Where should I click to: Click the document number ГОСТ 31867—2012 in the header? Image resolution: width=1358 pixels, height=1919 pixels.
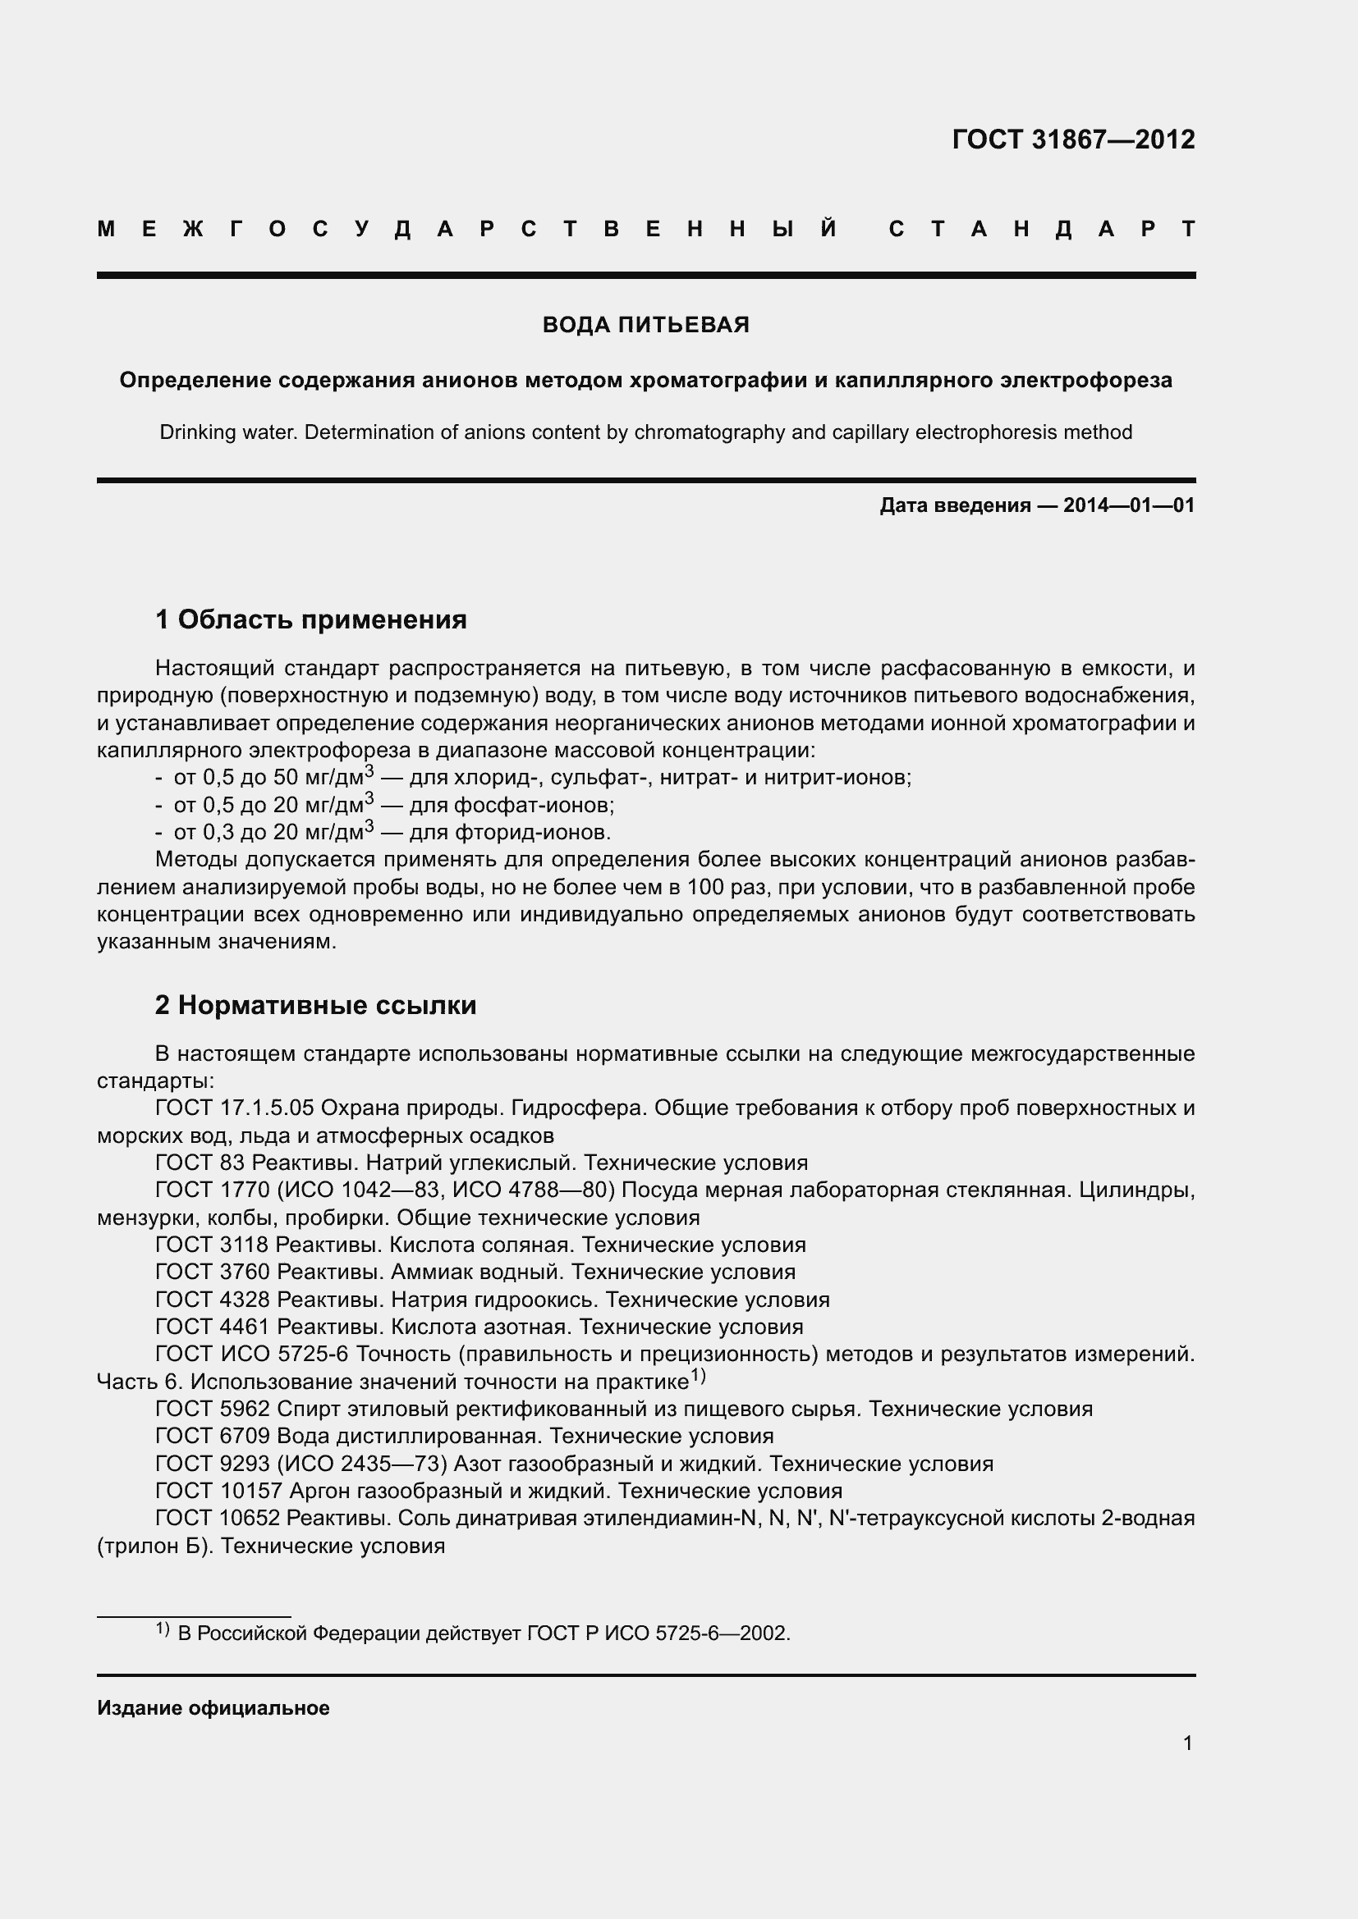[1073, 139]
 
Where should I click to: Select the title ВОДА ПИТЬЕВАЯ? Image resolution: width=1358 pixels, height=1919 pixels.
[645, 325]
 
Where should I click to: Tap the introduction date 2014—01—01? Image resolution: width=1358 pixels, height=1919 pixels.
[1128, 505]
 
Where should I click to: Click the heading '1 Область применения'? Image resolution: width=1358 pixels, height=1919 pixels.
[310, 620]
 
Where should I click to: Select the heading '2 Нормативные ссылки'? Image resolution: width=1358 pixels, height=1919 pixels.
[315, 1006]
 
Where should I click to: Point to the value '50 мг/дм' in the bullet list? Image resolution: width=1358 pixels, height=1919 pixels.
[319, 778]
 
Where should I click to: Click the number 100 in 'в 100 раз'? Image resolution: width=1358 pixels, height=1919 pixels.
[704, 887]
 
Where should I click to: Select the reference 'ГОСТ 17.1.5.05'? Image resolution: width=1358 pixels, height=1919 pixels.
[234, 1108]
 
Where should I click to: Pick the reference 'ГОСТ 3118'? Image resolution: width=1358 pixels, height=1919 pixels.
[212, 1245]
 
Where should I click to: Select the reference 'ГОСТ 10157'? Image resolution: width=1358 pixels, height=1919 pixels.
[219, 1491]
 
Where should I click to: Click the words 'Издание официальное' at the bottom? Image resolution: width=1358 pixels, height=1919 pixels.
[213, 1708]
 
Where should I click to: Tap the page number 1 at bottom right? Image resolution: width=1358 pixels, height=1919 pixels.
[1187, 1743]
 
